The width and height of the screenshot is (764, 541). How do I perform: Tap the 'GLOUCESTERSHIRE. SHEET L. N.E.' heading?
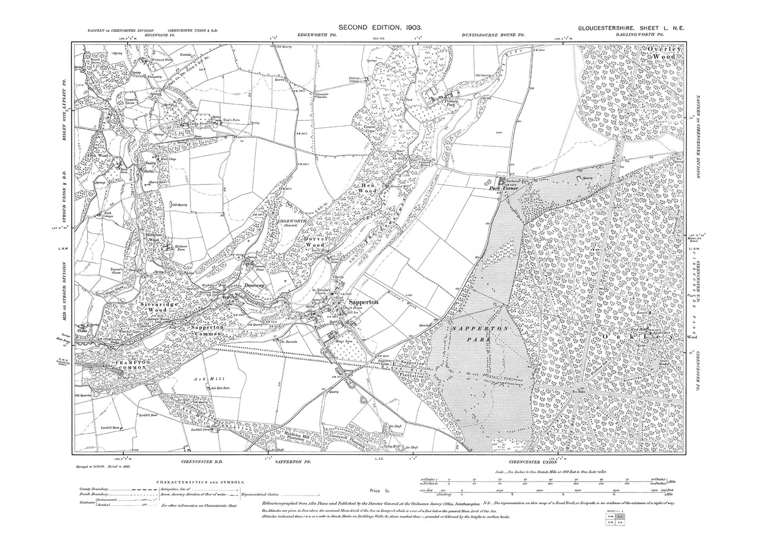point(631,31)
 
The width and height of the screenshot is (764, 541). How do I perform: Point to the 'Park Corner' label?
point(502,187)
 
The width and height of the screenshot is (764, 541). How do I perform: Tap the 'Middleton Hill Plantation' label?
point(291,436)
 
